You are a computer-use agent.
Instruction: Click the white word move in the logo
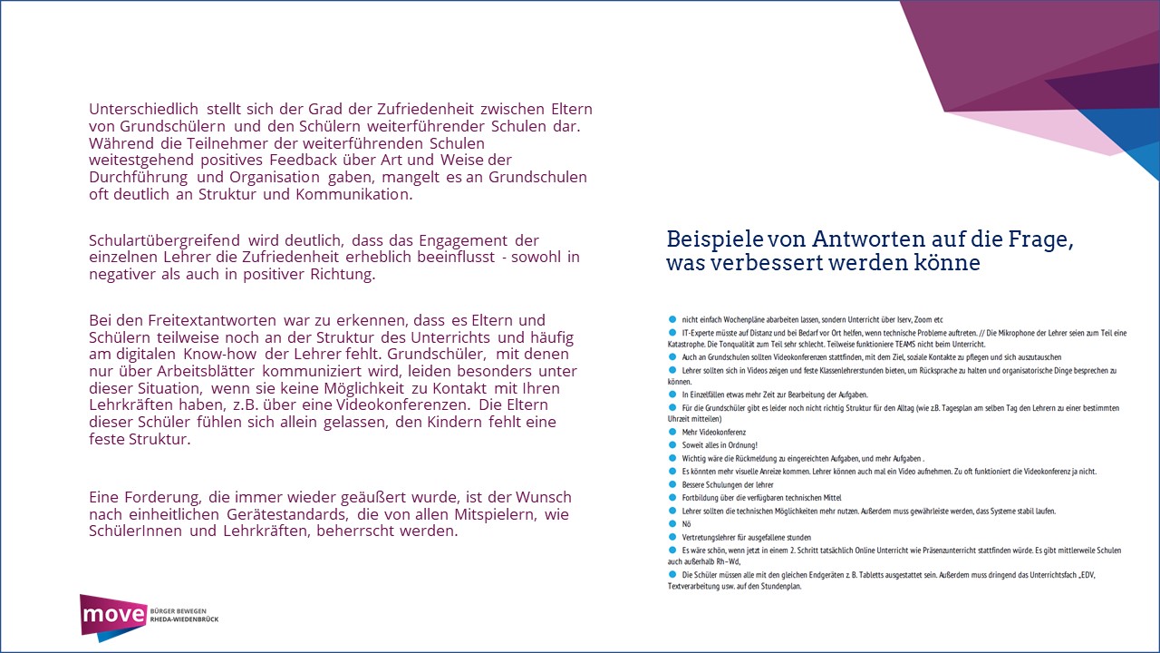(x=113, y=617)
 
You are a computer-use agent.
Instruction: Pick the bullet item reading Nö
(x=686, y=523)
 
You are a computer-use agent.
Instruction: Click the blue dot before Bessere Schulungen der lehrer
(x=672, y=484)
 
